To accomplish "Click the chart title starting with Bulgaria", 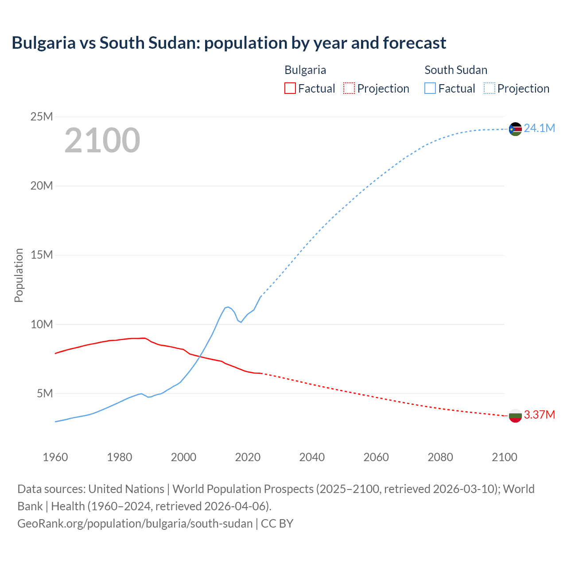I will click(x=229, y=43).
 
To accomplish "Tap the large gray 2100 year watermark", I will click(x=102, y=140).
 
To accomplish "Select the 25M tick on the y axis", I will click(x=42, y=117).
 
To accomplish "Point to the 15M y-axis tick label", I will click(x=42, y=255).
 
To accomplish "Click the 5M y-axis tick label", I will click(x=45, y=393).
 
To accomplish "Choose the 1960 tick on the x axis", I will click(x=55, y=457).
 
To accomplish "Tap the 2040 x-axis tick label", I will click(x=312, y=457).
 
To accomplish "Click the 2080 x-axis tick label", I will click(x=440, y=457).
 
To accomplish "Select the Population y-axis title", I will click(x=19, y=275).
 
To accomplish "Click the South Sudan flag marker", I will click(x=515, y=129).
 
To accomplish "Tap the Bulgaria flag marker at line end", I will click(x=515, y=416).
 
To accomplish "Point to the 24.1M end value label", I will click(x=539, y=128).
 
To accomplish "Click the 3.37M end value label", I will click(x=539, y=415).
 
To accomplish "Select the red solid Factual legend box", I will click(x=290, y=88).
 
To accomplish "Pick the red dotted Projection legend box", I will click(x=349, y=88).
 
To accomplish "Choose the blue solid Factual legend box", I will click(x=430, y=88).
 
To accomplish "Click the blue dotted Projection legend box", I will click(x=489, y=88).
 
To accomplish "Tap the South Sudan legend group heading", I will click(x=456, y=70).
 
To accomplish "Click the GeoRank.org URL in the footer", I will click(x=135, y=523).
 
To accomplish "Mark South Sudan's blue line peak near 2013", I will click(x=228, y=307).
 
